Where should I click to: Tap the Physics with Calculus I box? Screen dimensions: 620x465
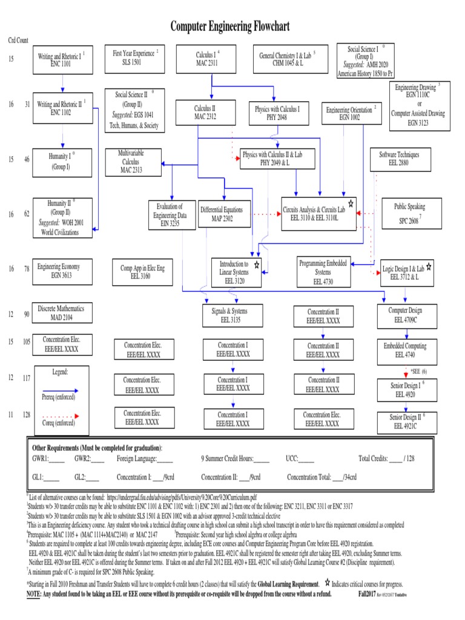279,113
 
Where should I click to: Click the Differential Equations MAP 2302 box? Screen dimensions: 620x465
221,214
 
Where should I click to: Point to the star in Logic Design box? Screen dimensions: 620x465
429,266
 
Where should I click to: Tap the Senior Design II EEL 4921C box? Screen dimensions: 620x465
406,421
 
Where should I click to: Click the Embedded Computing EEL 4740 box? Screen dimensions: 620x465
406,350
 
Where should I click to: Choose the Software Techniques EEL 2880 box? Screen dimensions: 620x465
399,159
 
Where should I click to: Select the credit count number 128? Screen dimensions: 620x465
27,415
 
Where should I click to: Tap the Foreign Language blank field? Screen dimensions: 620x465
164,459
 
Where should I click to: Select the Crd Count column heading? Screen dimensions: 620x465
18,40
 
